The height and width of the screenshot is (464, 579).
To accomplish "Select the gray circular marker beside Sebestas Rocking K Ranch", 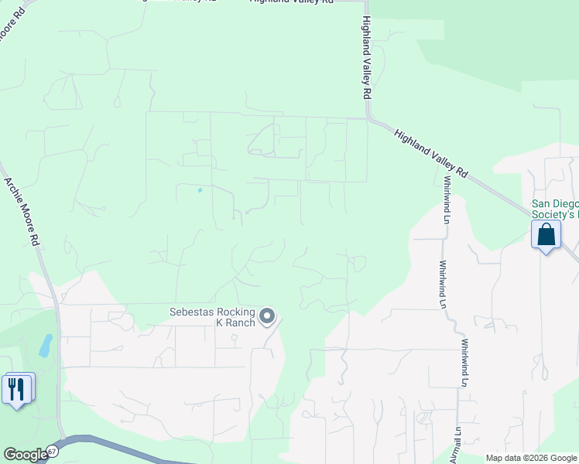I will pyautogui.click(x=267, y=316).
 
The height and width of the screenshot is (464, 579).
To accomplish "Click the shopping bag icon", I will pyautogui.click(x=546, y=234).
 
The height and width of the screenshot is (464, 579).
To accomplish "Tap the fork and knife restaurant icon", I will pyautogui.click(x=17, y=388).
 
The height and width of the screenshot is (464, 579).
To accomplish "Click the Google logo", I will pyautogui.click(x=26, y=455).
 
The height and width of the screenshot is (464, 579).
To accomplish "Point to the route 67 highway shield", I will pyautogui.click(x=52, y=450).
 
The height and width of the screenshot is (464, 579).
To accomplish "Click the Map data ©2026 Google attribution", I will pyautogui.click(x=530, y=458).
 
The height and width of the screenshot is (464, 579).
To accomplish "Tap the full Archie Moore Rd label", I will pyautogui.click(x=22, y=211).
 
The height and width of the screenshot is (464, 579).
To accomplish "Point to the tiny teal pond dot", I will pyautogui.click(x=200, y=190).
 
